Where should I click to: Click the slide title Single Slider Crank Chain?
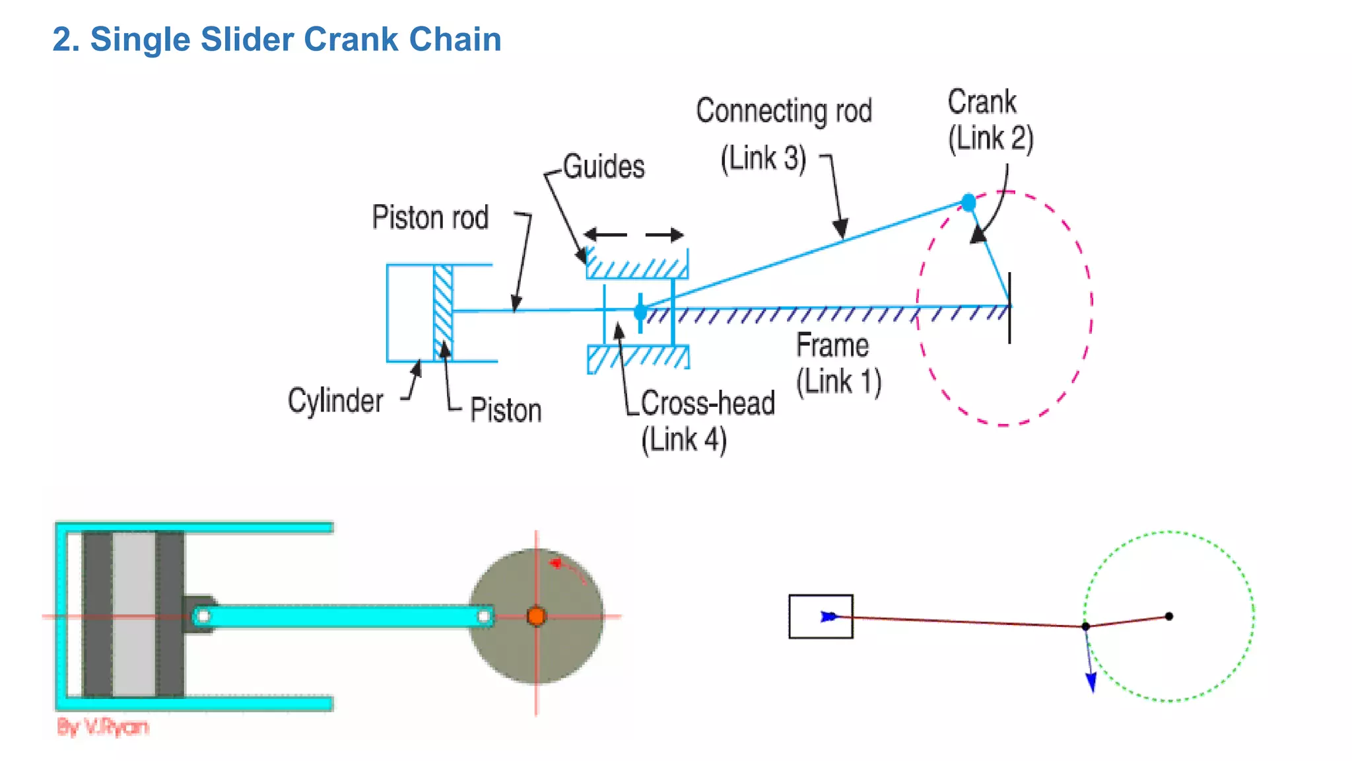[277, 40]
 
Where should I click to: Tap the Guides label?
[603, 166]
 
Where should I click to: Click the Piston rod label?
[430, 218]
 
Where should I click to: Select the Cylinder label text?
[335, 400]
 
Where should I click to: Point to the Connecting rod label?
[784, 111]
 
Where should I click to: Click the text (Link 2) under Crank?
[990, 139]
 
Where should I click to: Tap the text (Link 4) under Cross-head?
[684, 440]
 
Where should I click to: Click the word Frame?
[832, 345]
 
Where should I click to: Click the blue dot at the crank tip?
[968, 202]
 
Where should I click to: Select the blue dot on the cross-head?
[640, 312]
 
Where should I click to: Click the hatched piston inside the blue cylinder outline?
[443, 312]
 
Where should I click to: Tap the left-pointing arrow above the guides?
[604, 235]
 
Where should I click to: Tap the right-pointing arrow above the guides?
[665, 235]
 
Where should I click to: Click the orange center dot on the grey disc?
[536, 616]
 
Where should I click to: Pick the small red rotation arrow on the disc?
[558, 563]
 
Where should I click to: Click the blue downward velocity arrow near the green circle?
[1091, 680]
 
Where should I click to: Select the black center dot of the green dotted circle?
[1168, 616]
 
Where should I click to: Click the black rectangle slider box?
[821, 616]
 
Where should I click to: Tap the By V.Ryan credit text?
[103, 727]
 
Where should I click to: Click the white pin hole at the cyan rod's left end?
[203, 616]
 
